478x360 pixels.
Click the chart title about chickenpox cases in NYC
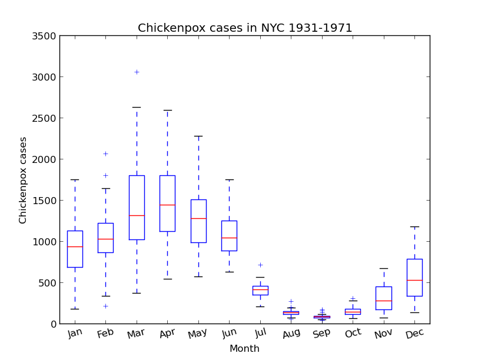[245, 28]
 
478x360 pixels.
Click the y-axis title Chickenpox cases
[23, 180]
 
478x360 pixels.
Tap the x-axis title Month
[244, 349]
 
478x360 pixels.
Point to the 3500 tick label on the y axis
[45, 36]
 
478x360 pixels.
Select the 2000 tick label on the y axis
[45, 159]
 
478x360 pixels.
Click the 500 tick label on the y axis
[47, 283]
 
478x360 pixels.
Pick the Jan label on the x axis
[75, 334]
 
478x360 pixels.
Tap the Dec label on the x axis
[414, 334]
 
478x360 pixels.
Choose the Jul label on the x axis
[260, 334]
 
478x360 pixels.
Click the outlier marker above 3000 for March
[137, 72]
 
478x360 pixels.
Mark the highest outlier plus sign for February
[106, 154]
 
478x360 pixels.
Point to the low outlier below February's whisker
[106, 306]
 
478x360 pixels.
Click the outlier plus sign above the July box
[260, 265]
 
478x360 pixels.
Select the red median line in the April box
[167, 205]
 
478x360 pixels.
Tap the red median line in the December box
[414, 280]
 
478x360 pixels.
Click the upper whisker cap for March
[137, 107]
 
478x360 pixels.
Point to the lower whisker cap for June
[229, 272]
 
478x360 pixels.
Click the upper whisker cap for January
[75, 179]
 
